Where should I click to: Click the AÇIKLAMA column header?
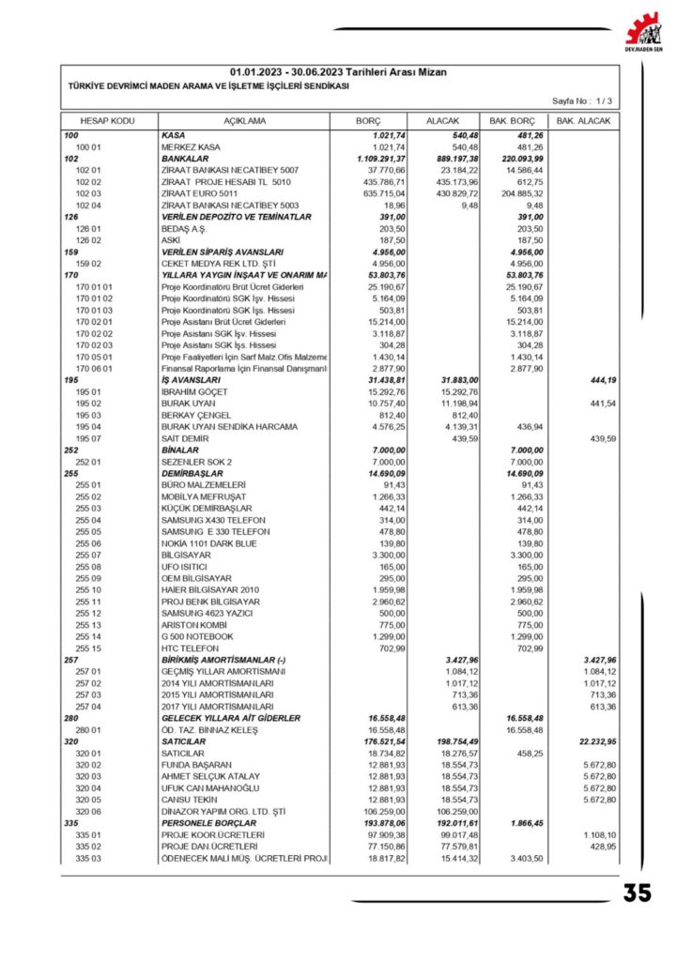point(244,122)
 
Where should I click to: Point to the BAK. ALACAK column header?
point(583,122)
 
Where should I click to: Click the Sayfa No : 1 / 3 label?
point(582,99)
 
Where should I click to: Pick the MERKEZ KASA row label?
point(191,147)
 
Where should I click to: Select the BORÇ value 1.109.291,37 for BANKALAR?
point(379,159)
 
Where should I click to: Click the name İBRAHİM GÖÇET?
point(195,390)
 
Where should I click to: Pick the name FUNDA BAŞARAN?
point(198,765)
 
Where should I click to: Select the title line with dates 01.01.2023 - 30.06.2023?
point(338,72)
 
